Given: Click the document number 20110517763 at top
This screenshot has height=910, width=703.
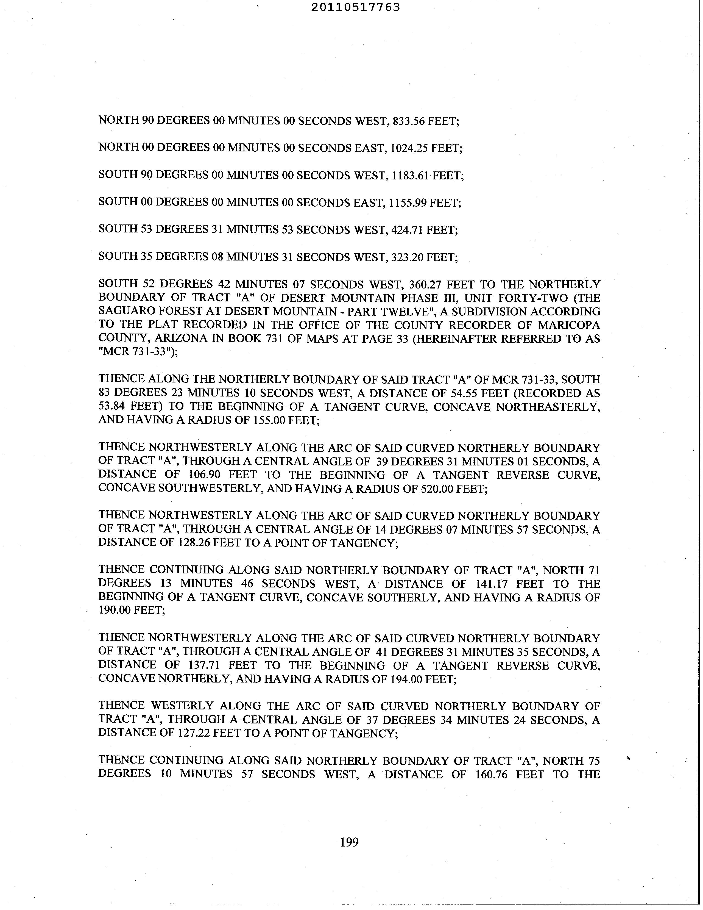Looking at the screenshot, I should point(355,7).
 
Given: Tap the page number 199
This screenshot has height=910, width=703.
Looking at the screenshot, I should point(349,842).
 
